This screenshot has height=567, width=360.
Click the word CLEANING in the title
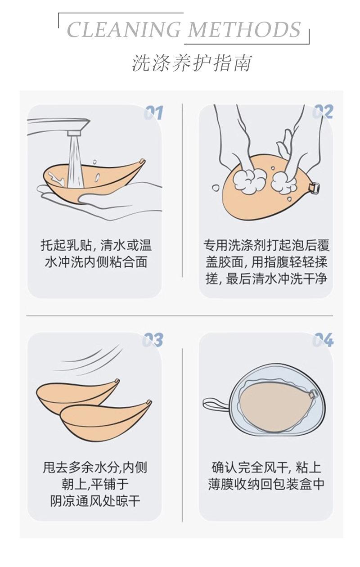[124, 29]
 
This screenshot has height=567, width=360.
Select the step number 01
[153, 112]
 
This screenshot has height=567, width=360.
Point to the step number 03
[153, 340]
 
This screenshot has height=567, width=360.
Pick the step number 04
[323, 340]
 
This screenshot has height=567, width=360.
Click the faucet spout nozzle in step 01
[74, 133]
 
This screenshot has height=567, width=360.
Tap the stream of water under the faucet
[76, 162]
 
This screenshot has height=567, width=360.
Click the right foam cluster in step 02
[284, 183]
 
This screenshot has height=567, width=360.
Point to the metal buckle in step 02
[314, 187]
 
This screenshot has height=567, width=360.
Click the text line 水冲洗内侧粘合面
[96, 262]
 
